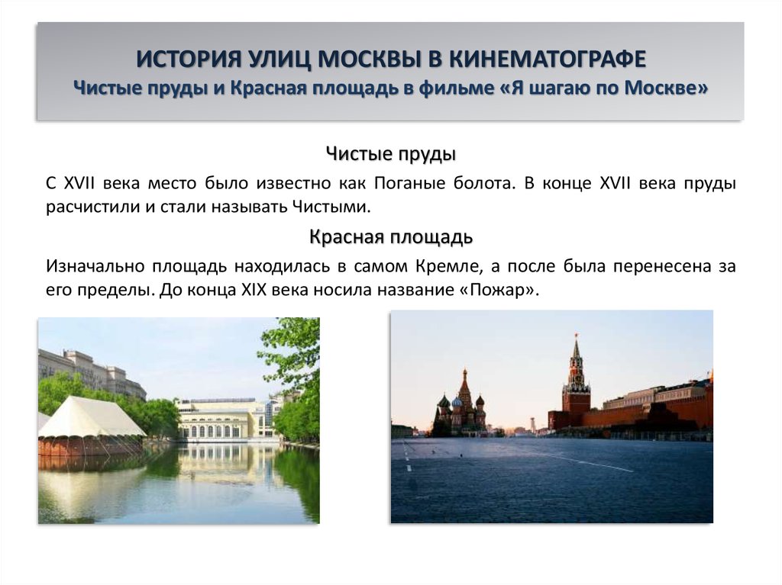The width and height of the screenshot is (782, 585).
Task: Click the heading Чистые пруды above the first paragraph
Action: (390, 154)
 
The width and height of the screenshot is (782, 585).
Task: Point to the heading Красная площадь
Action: (390, 237)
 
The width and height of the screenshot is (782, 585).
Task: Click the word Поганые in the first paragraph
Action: (406, 184)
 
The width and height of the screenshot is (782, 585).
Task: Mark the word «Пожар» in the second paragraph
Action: (500, 290)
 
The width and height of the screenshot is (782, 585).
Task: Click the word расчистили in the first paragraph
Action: (91, 207)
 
